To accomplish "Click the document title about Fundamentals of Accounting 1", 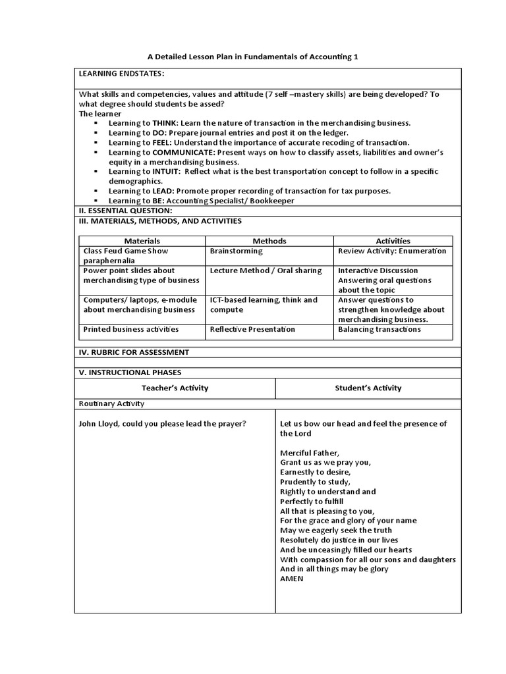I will (x=252, y=57).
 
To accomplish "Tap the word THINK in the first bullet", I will (x=165, y=123).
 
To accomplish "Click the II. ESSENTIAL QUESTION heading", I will (x=125, y=211).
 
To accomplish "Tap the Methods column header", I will (x=269, y=241).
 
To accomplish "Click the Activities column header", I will (x=393, y=241).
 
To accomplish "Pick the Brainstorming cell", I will (x=236, y=251).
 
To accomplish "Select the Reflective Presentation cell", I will (x=252, y=329).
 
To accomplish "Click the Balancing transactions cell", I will (x=379, y=329).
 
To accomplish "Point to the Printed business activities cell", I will (x=130, y=329).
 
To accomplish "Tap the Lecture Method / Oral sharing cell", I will (x=266, y=271).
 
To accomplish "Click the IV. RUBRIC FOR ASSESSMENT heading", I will (x=134, y=352).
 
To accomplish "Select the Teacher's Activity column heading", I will (x=175, y=388).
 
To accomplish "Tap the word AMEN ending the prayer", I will (x=292, y=579).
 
